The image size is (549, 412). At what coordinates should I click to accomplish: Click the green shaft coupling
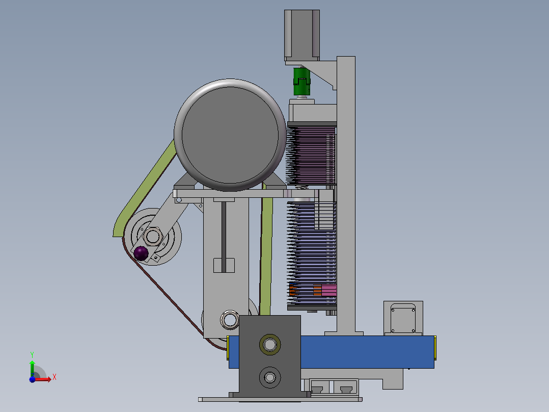click(301, 82)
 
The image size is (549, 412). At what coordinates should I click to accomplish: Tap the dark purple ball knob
click(141, 253)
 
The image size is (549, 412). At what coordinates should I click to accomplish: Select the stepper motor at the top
click(302, 35)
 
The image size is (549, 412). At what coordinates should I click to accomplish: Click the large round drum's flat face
click(230, 135)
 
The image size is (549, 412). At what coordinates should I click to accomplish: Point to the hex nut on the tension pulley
click(152, 236)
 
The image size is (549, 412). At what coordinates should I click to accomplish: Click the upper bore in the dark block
click(269, 344)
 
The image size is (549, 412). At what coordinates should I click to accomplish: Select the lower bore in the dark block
click(269, 377)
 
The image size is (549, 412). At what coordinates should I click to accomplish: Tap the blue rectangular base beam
click(367, 352)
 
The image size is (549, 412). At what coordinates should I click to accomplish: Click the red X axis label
click(54, 377)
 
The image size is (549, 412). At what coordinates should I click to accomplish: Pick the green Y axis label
click(32, 355)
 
